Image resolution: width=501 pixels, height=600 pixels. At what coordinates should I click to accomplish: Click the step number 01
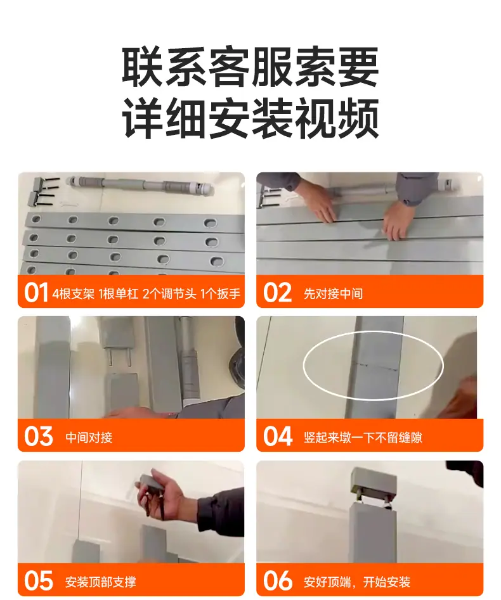36,293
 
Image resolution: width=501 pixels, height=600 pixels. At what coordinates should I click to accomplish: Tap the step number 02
277,293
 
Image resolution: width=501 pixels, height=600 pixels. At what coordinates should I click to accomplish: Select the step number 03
38,437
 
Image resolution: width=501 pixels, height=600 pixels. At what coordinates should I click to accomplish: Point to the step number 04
278,437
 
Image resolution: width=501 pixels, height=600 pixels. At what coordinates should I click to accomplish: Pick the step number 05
38,581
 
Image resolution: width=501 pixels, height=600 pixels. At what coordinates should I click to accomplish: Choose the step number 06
278,581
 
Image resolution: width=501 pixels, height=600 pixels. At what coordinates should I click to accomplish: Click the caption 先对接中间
333,293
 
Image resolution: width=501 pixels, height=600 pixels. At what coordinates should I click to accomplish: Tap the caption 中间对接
89,437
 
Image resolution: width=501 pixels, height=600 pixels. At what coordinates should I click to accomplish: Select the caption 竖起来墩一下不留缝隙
363,437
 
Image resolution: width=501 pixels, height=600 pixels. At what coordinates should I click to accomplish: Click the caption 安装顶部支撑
100,582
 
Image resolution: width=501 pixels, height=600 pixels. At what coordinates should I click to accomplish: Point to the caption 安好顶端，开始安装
357,582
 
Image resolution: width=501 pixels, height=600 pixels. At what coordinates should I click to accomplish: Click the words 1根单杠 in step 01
118,293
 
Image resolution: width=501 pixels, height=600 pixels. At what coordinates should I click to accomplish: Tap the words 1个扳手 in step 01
220,293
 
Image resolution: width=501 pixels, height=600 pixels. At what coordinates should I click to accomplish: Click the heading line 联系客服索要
251,67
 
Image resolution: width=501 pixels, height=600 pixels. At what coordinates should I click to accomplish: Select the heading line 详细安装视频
251,118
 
